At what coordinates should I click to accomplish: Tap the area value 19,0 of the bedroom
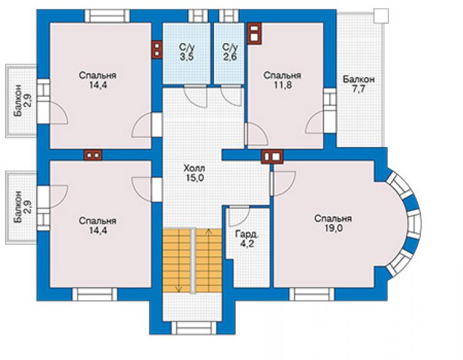tap(333, 228)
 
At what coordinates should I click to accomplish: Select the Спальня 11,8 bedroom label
tap(282, 80)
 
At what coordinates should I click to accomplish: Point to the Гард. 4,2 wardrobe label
tap(247, 239)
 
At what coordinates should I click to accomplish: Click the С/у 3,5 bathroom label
tap(186, 52)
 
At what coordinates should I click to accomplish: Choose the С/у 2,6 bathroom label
tap(230, 52)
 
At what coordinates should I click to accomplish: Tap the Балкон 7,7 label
tap(359, 84)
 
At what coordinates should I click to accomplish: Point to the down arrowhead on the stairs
tap(178, 289)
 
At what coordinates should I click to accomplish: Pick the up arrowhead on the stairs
tap(209, 231)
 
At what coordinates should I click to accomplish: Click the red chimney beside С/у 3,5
tap(157, 49)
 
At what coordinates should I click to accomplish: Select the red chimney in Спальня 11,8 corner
tap(254, 33)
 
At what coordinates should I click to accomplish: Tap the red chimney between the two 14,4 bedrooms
tap(93, 155)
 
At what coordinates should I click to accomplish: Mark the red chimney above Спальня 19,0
tap(272, 157)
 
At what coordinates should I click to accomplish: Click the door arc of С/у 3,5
tap(195, 96)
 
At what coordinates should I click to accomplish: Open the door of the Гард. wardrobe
tap(239, 216)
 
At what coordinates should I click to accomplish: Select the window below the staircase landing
tap(194, 328)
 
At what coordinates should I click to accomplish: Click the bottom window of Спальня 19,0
tap(312, 294)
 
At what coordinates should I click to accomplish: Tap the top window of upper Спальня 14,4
tap(107, 16)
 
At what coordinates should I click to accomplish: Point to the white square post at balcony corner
tap(380, 16)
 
